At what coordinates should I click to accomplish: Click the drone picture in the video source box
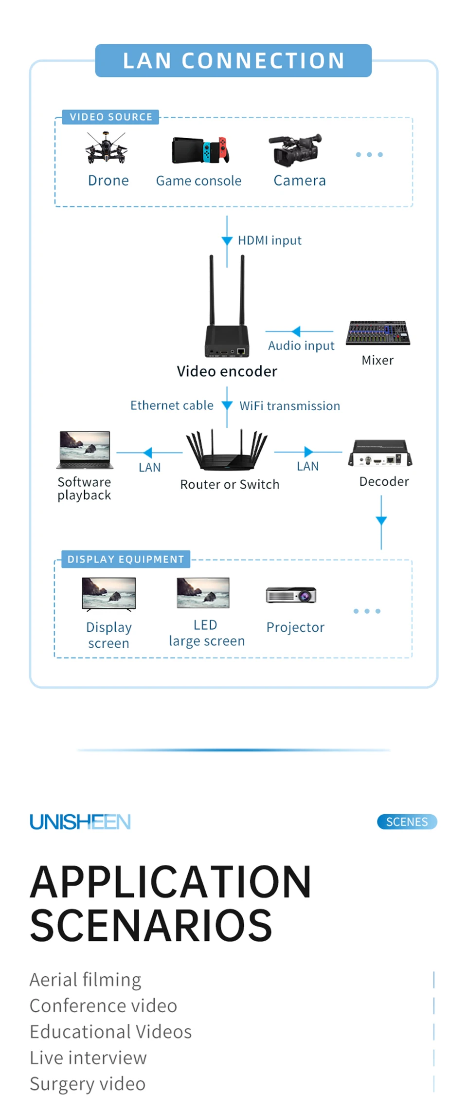(x=106, y=148)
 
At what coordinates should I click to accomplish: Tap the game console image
(x=200, y=150)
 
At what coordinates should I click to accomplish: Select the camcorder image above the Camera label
(x=295, y=150)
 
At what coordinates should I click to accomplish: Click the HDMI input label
(x=269, y=240)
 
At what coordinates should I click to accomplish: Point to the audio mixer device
(x=378, y=333)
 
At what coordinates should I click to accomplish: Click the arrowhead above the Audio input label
(x=296, y=331)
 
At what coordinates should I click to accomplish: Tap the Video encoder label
(x=227, y=371)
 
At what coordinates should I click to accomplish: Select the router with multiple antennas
(x=227, y=450)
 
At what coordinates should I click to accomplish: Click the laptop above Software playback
(x=85, y=450)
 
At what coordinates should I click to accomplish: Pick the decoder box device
(x=380, y=454)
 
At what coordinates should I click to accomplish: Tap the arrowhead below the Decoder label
(x=381, y=520)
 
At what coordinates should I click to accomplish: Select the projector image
(x=291, y=595)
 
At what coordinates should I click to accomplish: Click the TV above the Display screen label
(x=109, y=594)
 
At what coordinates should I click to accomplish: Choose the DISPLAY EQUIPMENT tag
(x=126, y=559)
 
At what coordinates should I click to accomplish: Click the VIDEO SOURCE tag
(x=111, y=117)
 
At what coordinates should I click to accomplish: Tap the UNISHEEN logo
(x=80, y=822)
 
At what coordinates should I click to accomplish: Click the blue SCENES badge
(x=407, y=822)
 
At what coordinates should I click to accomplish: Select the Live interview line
(x=88, y=1058)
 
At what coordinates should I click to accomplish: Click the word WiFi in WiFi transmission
(x=251, y=406)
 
